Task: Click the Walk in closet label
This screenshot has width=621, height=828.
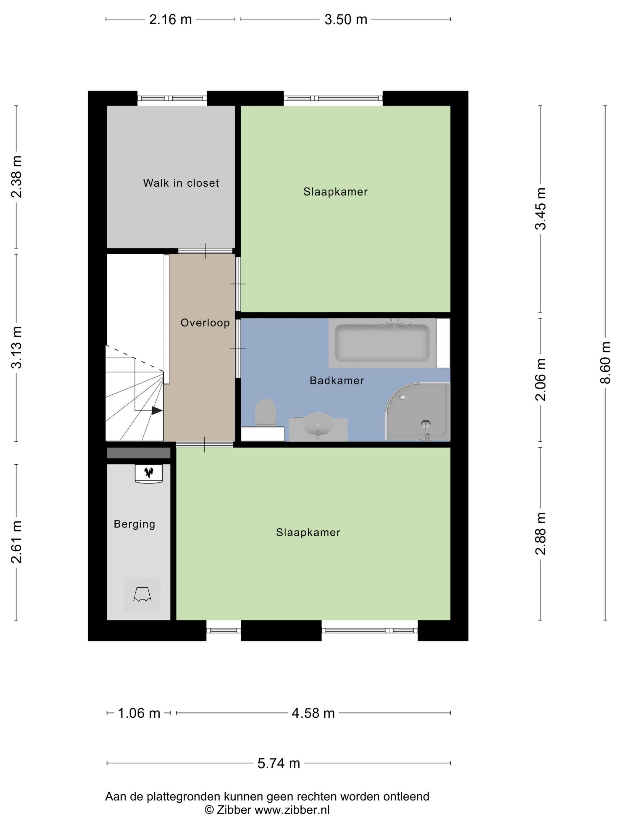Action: (181, 183)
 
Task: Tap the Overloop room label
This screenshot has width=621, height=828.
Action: (205, 323)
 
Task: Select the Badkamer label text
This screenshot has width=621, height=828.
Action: (337, 381)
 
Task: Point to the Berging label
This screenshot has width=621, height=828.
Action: (134, 524)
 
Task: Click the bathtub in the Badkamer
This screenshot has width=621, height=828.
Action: (382, 343)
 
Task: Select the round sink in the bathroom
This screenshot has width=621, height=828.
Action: (318, 425)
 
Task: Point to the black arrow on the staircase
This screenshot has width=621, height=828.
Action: (157, 411)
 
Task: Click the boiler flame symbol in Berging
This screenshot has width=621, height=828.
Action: (149, 472)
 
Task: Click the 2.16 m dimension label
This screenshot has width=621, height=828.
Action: (170, 19)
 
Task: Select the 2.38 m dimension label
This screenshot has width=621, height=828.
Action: (17, 176)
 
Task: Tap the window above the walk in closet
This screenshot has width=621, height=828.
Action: (172, 98)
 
